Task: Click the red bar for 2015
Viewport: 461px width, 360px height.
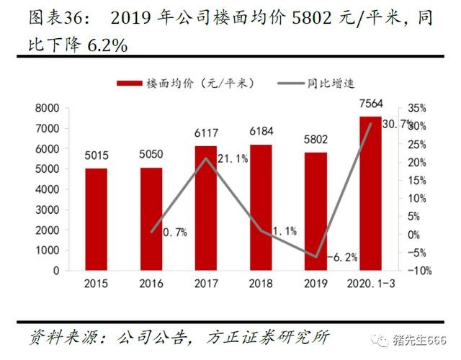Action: pyautogui.click(x=96, y=219)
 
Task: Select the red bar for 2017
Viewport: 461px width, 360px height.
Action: pyautogui.click(x=206, y=208)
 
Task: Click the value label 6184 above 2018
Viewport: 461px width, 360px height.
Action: pyautogui.click(x=261, y=133)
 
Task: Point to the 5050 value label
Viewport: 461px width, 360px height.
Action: pyautogui.click(x=151, y=154)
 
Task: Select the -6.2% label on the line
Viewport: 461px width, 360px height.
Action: pyautogui.click(x=342, y=256)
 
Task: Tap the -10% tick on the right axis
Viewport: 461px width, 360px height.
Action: pyautogui.click(x=419, y=271)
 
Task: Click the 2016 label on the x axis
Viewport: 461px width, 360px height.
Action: pyautogui.click(x=151, y=284)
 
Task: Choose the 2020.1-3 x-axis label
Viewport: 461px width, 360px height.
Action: pyautogui.click(x=370, y=284)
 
